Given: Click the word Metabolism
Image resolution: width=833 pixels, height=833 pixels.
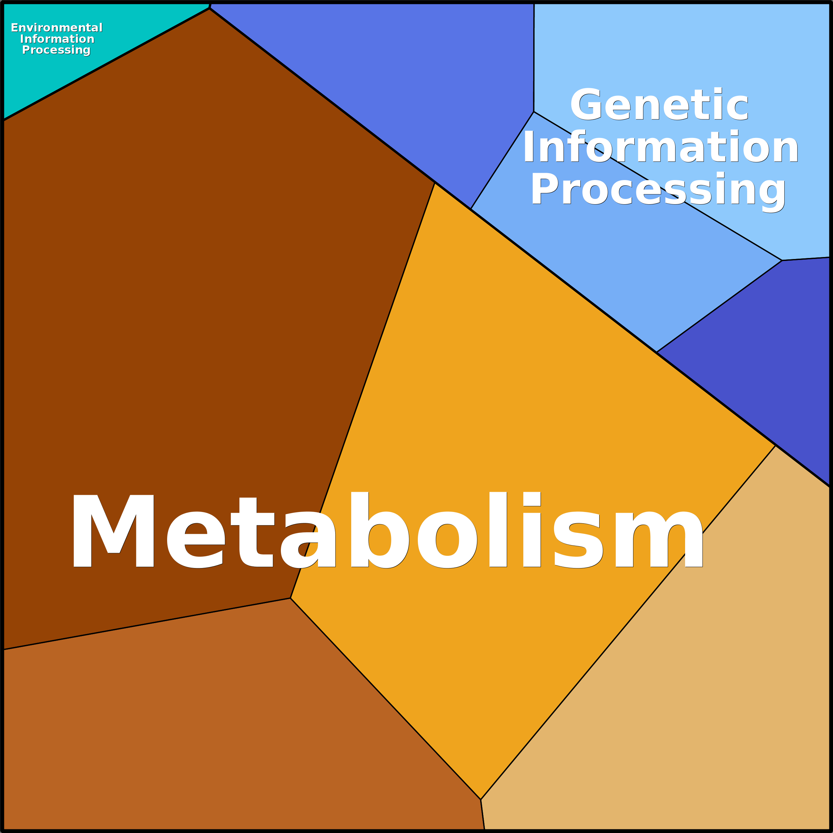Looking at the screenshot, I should coord(386,530).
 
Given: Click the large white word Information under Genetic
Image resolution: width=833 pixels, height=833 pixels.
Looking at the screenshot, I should coord(661,148).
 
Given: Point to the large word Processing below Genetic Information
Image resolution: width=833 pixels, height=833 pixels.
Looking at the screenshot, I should coord(658,190).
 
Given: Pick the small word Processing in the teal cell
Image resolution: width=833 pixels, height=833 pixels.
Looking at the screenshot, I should coord(56,50).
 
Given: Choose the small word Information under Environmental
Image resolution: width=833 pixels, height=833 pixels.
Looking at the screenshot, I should coord(57,39).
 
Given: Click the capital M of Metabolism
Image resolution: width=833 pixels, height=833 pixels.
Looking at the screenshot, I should coord(113,530).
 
